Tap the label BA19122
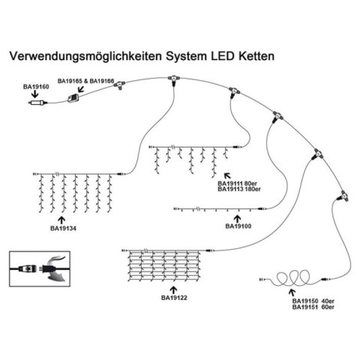[172, 297]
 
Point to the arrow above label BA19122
[172, 286]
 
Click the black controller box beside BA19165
[74, 100]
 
